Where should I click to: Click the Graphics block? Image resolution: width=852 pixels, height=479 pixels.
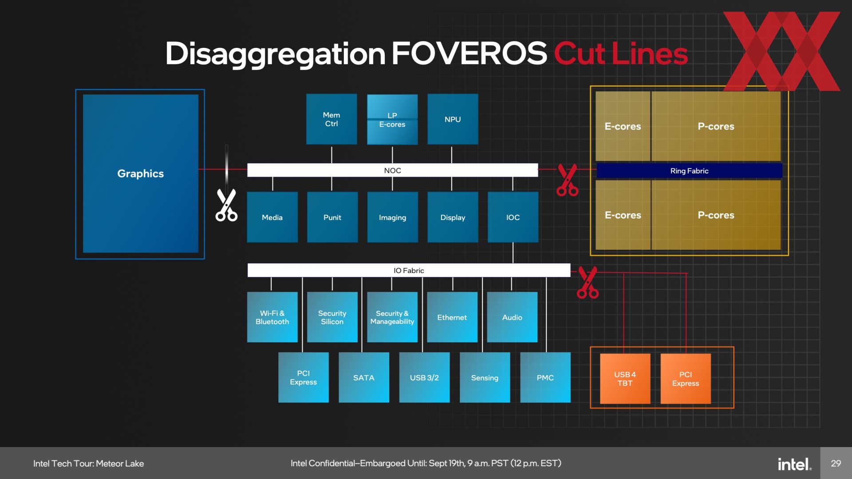[140, 173]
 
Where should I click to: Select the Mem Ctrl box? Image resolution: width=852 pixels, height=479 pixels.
[331, 119]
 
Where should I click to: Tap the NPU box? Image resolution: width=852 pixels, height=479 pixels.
[453, 119]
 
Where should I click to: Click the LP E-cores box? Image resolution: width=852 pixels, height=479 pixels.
[392, 119]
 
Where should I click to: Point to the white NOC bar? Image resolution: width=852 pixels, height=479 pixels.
[392, 170]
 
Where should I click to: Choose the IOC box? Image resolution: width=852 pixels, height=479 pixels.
[513, 217]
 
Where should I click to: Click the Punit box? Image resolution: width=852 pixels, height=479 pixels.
[332, 217]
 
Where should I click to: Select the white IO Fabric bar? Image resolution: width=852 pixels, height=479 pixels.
[409, 270]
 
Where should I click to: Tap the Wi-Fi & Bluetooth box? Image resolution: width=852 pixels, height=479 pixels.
[272, 317]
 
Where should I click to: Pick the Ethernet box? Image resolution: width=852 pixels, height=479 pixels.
[452, 317]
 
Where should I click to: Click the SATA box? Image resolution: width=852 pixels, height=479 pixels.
[364, 377]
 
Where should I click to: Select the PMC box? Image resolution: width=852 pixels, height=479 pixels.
[545, 377]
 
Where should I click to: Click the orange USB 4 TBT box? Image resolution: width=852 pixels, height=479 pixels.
[625, 379]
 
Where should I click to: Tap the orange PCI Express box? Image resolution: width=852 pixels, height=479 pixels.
[686, 379]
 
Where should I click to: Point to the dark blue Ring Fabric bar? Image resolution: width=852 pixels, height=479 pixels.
[689, 171]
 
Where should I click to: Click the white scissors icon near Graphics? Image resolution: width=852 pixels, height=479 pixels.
[226, 205]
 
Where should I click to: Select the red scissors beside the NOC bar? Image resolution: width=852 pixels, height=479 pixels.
[568, 180]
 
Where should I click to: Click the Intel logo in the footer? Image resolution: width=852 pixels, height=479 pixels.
[794, 464]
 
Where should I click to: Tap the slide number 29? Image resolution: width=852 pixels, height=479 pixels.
[836, 463]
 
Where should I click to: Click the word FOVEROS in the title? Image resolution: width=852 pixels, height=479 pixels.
[469, 53]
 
